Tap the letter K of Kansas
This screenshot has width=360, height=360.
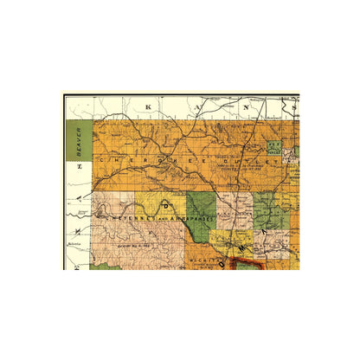click(x=149, y=108)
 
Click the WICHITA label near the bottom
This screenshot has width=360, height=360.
click(x=192, y=257)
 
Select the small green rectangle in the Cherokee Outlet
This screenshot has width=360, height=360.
click(x=275, y=145)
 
